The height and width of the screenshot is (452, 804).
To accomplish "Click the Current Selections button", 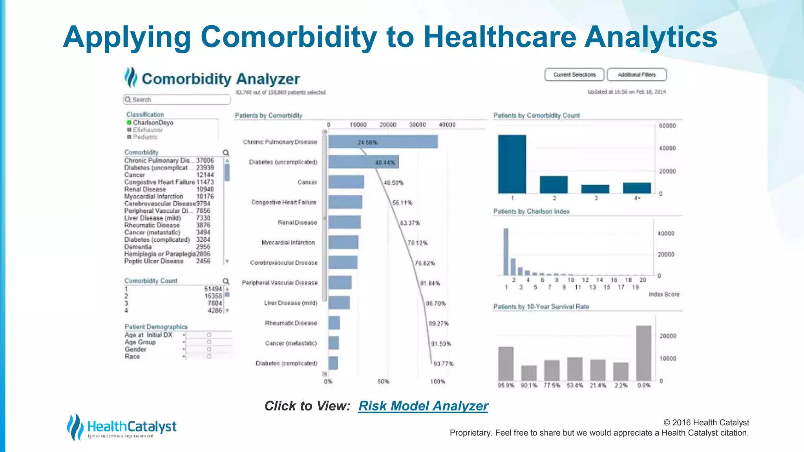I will (574, 75).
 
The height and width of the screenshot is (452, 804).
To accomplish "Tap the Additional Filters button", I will (636, 75).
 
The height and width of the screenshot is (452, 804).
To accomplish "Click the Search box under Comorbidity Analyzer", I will (177, 100).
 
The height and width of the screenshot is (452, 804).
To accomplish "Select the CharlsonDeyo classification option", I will (153, 122).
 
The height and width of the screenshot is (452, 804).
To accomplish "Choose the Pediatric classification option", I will (145, 137).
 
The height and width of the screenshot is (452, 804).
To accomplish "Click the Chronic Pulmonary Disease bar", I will (383, 142).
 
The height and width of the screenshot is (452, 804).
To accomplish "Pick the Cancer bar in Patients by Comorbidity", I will (346, 182).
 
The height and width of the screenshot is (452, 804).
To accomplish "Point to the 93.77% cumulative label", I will (443, 364).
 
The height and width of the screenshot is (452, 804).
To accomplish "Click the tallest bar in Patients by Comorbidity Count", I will (512, 164).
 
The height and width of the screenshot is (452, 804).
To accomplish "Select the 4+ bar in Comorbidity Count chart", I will (637, 188).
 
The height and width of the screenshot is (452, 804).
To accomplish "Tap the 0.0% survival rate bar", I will (643, 353).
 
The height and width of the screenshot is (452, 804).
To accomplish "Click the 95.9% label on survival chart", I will (506, 385).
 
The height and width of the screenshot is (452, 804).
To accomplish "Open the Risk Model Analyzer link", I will (423, 406).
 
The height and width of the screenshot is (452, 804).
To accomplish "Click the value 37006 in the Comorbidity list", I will (205, 160).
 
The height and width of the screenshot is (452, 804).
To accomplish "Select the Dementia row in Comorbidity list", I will (138, 247).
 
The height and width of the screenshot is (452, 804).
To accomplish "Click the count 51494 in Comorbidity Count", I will (213, 289).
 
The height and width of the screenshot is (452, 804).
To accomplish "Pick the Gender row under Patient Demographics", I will (135, 349).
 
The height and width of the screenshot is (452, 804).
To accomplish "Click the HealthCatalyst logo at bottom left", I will (122, 427).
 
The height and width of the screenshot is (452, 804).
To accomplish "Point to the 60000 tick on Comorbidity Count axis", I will (667, 126).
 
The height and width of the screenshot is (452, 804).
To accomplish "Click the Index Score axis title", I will (664, 294).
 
